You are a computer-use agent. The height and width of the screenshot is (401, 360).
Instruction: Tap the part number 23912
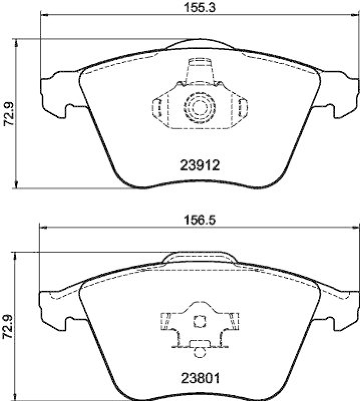[x=200, y=165]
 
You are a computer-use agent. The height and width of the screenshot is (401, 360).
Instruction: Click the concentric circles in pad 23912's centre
[x=199, y=106]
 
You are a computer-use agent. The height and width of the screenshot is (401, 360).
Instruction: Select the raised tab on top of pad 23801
[x=200, y=257]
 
